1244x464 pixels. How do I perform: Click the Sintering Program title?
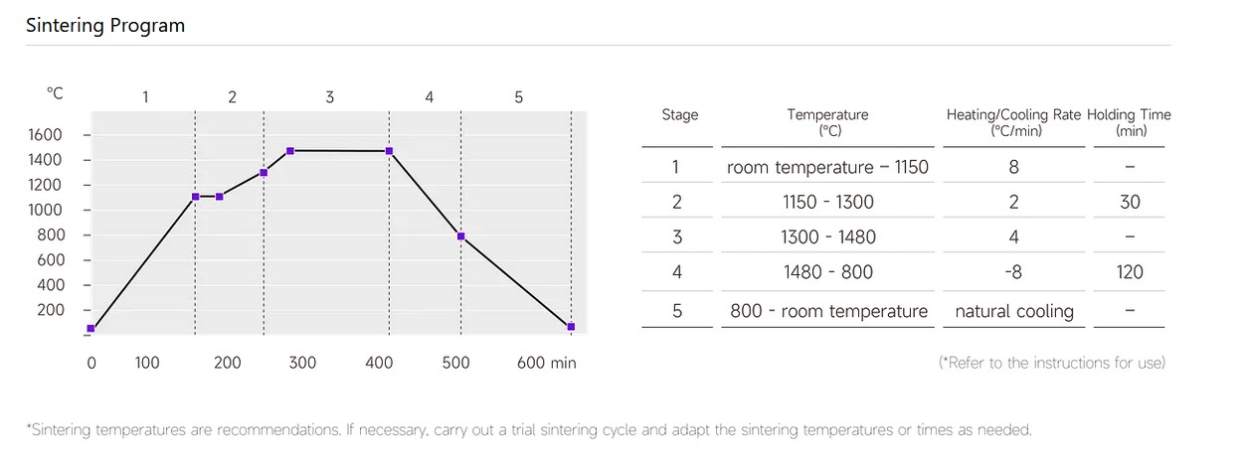pos(105,26)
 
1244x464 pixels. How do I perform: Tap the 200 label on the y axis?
pos(50,310)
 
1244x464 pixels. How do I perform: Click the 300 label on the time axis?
pos(302,363)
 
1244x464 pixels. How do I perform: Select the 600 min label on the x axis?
pos(546,363)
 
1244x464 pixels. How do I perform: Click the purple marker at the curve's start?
pos(90,328)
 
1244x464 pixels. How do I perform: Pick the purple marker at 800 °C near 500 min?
pos(461,236)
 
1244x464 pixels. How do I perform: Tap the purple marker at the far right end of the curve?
pos(571,327)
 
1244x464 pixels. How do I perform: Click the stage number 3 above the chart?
pos(330,97)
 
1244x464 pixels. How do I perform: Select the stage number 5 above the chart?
pos(518,97)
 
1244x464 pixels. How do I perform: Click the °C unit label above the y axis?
pos(55,93)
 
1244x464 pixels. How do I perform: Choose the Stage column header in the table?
pos(680,115)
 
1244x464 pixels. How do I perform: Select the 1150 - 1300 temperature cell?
pos(827,203)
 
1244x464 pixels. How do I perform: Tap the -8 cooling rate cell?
pos(1013,272)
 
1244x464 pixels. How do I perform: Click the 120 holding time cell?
pos(1130,272)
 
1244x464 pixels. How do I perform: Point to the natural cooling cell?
pos(1013,312)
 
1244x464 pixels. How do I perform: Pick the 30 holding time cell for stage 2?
pos(1130,203)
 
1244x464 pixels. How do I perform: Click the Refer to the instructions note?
pos(1051,363)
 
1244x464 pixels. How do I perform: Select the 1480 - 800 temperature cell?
pos(827,272)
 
